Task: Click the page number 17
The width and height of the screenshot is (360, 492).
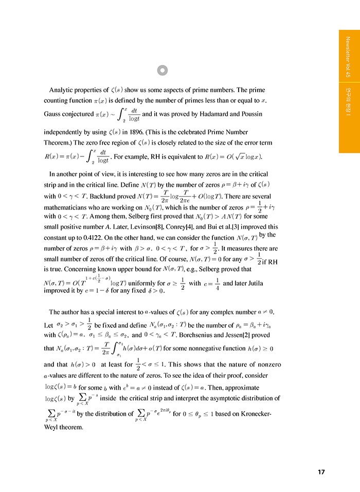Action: pos(321,472)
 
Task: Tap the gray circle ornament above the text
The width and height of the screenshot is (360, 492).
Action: pos(163,70)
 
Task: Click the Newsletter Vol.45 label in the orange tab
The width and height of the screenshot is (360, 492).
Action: pos(348,57)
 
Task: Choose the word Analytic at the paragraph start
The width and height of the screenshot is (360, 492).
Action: pos(63,89)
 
